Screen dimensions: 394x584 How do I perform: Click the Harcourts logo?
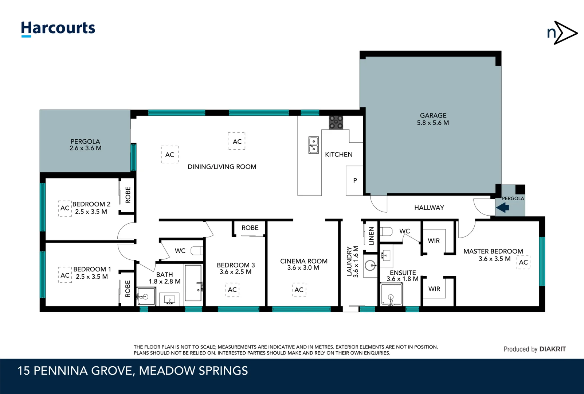pyautogui.click(x=58, y=29)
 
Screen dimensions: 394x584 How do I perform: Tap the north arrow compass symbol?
pyautogui.click(x=563, y=33)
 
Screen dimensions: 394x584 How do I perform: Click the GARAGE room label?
pyautogui.click(x=433, y=116)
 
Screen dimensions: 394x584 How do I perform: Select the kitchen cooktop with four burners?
pyautogui.click(x=336, y=123)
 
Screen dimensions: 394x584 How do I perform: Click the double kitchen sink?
pyautogui.click(x=313, y=145)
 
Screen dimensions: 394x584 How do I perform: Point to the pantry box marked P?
pyautogui.click(x=354, y=181)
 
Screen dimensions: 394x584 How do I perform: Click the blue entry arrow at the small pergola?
pyautogui.click(x=503, y=208)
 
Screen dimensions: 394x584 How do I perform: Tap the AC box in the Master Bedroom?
pyautogui.click(x=523, y=262)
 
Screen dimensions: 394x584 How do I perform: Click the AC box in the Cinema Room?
pyautogui.click(x=299, y=290)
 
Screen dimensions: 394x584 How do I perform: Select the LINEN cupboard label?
pyautogui.click(x=371, y=236)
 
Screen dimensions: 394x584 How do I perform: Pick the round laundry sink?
pyautogui.click(x=371, y=266)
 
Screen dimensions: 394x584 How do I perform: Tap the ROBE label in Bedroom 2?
pyautogui.click(x=128, y=195)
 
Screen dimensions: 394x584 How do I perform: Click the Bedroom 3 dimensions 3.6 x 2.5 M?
pyautogui.click(x=235, y=272)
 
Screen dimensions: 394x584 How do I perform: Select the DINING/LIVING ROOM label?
pyautogui.click(x=222, y=167)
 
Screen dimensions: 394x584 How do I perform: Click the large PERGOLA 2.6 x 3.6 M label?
pyautogui.click(x=85, y=145)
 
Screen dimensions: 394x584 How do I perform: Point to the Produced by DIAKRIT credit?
pyautogui.click(x=534, y=349)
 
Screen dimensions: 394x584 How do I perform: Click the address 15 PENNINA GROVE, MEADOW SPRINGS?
pyautogui.click(x=133, y=371)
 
